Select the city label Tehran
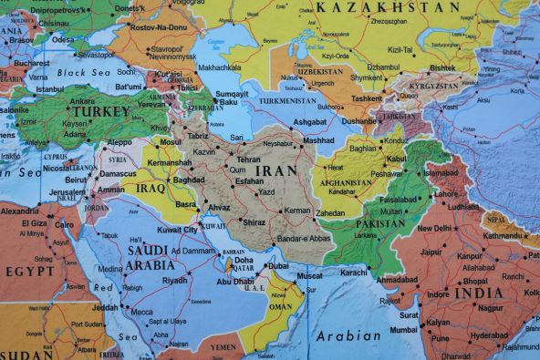[248, 159]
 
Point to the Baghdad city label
[188, 180]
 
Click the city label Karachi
[353, 272]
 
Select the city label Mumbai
[403, 329]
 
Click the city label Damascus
[118, 173]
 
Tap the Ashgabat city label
[309, 121]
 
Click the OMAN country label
[280, 308]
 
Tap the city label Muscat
[310, 275]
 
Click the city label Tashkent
[367, 98]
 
